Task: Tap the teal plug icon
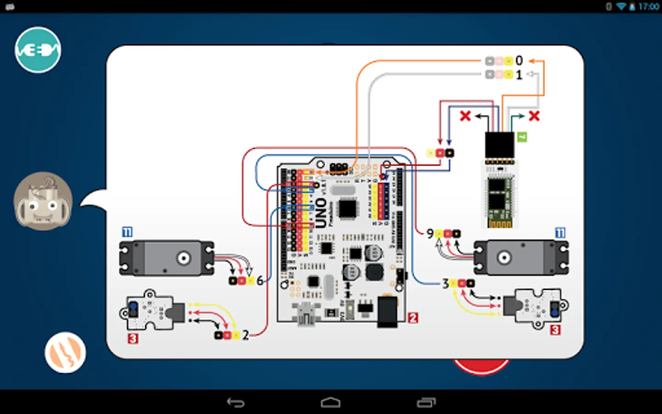[x=38, y=50]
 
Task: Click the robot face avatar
[x=43, y=201]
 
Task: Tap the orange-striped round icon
[x=65, y=352]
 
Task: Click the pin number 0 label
[x=519, y=61]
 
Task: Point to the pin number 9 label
[x=430, y=234]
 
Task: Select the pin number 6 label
[x=260, y=280]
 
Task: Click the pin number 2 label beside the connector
[x=245, y=335]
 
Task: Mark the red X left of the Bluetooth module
[x=465, y=116]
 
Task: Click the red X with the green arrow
[x=534, y=116]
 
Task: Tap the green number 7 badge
[x=522, y=137]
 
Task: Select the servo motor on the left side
[x=166, y=258]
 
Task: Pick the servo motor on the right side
[x=521, y=258]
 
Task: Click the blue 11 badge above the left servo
[x=127, y=232]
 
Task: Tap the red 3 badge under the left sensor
[x=133, y=339]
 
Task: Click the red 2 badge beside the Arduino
[x=413, y=317]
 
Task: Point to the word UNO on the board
[x=320, y=213]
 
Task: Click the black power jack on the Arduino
[x=387, y=312]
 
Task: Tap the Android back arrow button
[x=236, y=402]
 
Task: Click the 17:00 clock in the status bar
[x=648, y=6]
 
